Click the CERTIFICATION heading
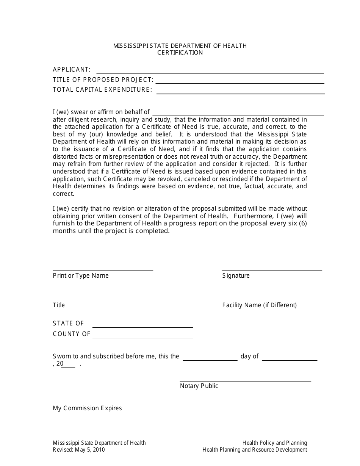click(180, 53)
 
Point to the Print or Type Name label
click(81, 275)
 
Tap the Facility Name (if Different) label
click(260, 305)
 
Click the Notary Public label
click(199, 386)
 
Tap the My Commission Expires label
click(88, 408)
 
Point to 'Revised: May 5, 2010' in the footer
click(79, 450)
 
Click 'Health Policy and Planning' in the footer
click(275, 443)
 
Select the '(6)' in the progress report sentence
click(302, 223)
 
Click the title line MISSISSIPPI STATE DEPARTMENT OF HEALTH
click(180, 46)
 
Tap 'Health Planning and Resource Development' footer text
click(255, 450)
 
